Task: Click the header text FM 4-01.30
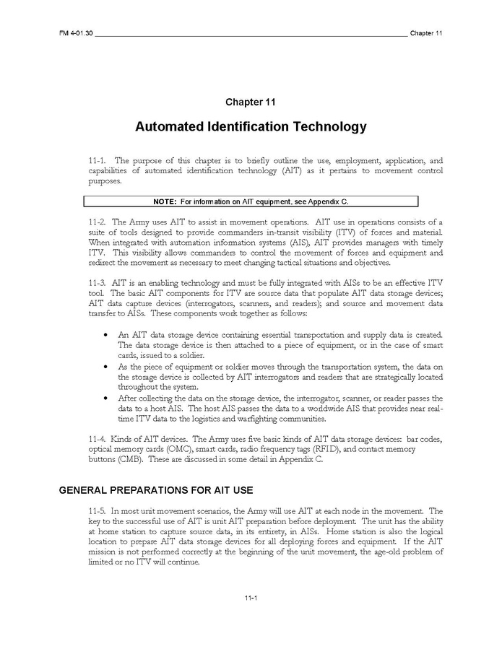point(75,33)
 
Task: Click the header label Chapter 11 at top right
point(426,33)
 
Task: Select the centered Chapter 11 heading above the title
point(250,103)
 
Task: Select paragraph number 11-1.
point(98,160)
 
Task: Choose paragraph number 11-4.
point(98,440)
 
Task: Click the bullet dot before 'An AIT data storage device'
point(106,335)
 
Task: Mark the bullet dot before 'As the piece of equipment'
point(106,367)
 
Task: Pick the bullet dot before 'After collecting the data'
point(106,398)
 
